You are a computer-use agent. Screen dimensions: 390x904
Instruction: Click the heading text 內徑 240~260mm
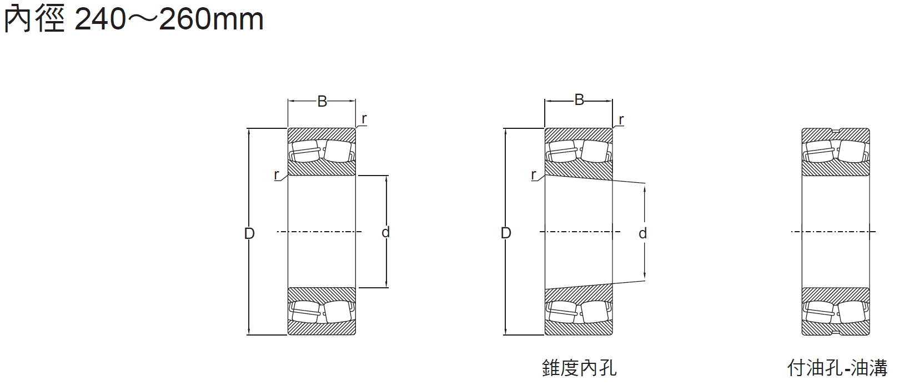click(133, 19)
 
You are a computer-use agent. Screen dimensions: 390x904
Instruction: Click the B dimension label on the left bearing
click(322, 101)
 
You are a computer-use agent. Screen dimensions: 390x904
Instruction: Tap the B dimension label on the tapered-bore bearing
click(579, 100)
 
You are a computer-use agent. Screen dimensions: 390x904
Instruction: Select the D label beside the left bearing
click(249, 233)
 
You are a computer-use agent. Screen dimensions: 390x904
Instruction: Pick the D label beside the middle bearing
click(505, 233)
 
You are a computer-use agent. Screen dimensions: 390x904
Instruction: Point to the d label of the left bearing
click(385, 232)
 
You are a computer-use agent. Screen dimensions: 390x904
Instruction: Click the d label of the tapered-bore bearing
click(642, 233)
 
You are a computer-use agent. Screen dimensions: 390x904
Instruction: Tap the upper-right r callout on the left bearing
click(364, 119)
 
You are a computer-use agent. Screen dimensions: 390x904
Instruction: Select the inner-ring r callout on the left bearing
click(277, 174)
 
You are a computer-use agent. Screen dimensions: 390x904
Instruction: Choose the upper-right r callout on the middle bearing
click(621, 119)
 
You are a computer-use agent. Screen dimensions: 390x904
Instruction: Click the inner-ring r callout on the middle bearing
click(534, 175)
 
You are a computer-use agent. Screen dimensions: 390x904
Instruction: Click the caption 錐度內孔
click(579, 368)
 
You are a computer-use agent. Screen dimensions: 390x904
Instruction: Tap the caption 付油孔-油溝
click(837, 368)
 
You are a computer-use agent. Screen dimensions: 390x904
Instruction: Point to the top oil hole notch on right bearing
click(836, 131)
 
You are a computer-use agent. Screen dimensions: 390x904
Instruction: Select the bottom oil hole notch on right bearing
click(836, 332)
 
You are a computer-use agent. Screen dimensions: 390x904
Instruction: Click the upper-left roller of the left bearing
click(304, 151)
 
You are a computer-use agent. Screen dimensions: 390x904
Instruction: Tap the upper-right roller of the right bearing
click(852, 151)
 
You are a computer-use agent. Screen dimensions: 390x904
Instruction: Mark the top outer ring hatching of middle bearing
click(579, 133)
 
